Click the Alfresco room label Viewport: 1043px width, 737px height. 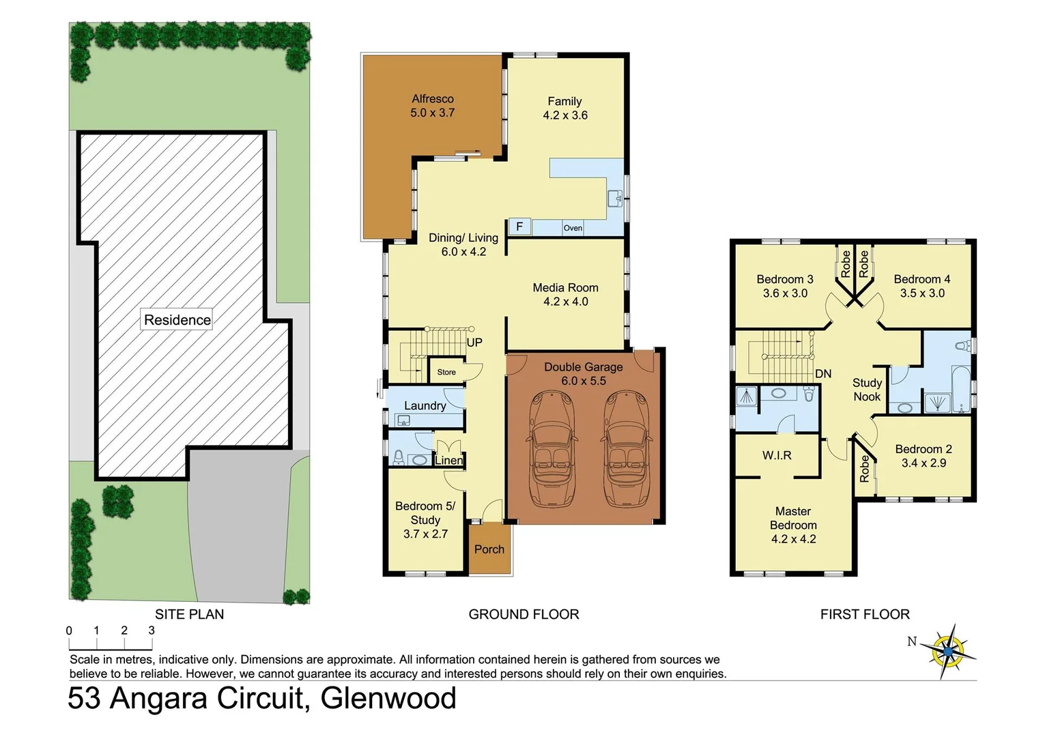[x=432, y=99]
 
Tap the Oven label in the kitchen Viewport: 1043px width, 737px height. [x=573, y=228]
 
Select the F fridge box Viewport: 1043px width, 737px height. [x=519, y=227]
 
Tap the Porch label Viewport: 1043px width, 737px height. [x=489, y=549]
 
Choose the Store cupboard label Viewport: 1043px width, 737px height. [x=446, y=372]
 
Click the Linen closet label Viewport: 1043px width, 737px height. [x=448, y=461]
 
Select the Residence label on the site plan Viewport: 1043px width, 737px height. [x=177, y=320]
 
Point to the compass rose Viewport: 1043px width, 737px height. [x=948, y=651]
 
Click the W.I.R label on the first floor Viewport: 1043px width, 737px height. [x=777, y=455]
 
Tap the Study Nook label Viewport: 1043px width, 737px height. [x=867, y=390]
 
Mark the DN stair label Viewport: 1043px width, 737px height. [x=823, y=374]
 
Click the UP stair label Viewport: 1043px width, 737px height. [x=474, y=343]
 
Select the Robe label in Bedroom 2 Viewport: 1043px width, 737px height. [x=865, y=469]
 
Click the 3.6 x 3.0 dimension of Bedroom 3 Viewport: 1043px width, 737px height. [x=785, y=293]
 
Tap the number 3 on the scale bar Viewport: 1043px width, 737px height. [x=152, y=631]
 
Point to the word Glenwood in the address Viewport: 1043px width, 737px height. [x=388, y=699]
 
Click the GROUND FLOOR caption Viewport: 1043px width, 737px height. [x=524, y=614]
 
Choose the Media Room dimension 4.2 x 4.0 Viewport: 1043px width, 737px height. [x=565, y=302]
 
